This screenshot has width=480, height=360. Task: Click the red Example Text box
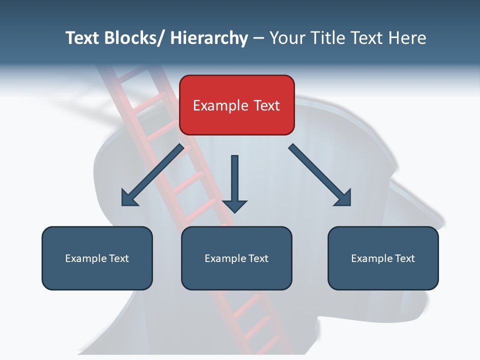point(236,105)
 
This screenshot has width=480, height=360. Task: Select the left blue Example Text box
point(97,258)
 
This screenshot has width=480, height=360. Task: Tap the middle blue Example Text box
point(236,258)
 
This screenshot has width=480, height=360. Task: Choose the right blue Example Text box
point(383,258)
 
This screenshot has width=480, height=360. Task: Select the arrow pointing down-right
point(320,175)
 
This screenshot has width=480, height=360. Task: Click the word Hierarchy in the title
point(208,38)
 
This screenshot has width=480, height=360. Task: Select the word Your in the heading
point(286,38)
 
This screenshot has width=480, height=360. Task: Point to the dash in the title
point(258,38)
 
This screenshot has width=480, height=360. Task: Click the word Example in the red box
point(220,105)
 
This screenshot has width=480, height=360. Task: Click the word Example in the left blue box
point(86,258)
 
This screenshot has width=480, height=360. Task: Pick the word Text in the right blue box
point(404,258)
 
